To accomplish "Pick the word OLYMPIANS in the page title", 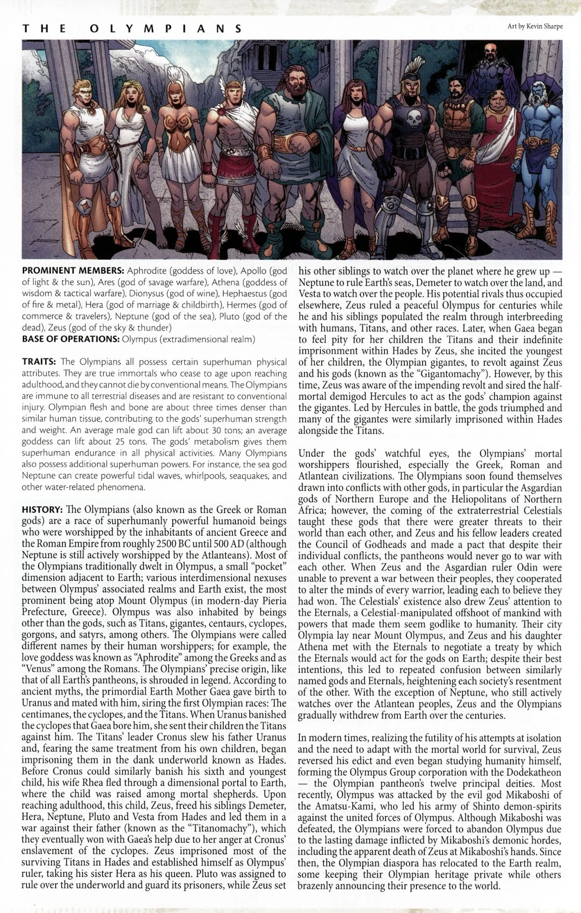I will (x=166, y=29).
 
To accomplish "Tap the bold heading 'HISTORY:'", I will (x=42, y=509).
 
